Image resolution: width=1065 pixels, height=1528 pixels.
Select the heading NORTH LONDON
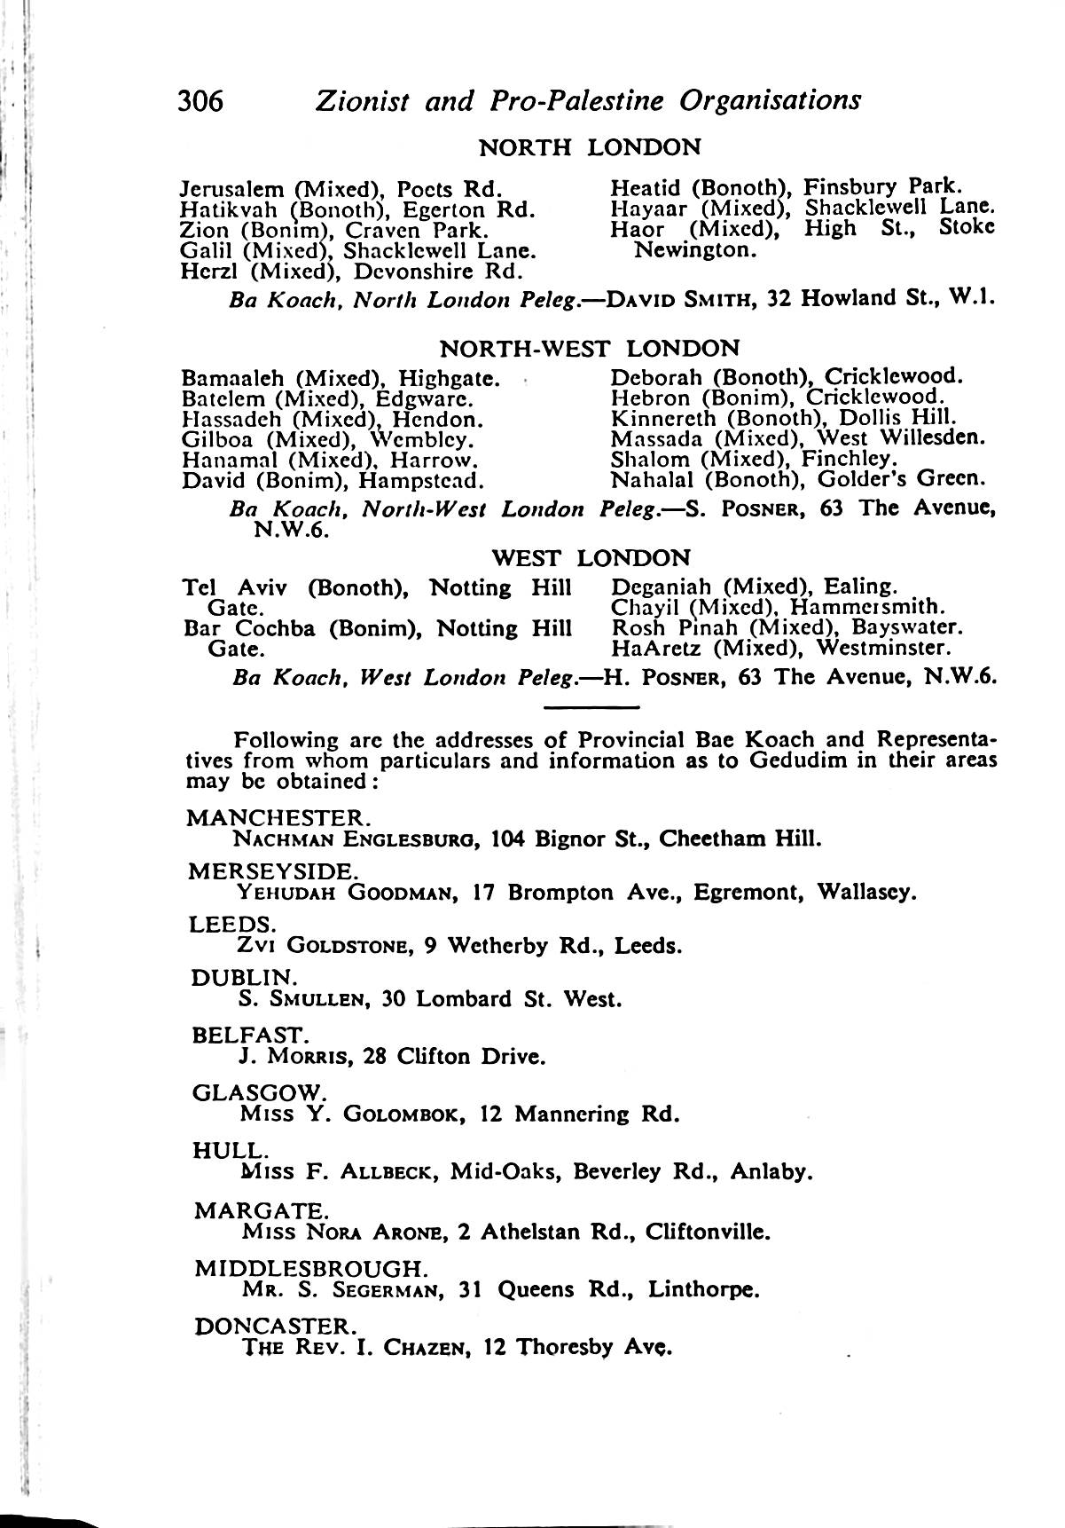coord(590,146)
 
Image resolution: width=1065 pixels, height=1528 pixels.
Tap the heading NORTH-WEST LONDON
coord(590,347)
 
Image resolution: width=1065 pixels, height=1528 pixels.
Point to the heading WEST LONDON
coord(591,558)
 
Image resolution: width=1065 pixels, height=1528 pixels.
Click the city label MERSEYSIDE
coord(272,870)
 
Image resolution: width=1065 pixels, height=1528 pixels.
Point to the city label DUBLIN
coord(241,978)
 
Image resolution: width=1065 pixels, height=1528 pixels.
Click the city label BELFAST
coord(248,1035)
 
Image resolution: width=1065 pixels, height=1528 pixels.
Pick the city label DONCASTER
coord(275,1327)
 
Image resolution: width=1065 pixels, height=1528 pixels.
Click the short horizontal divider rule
coord(591,707)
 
